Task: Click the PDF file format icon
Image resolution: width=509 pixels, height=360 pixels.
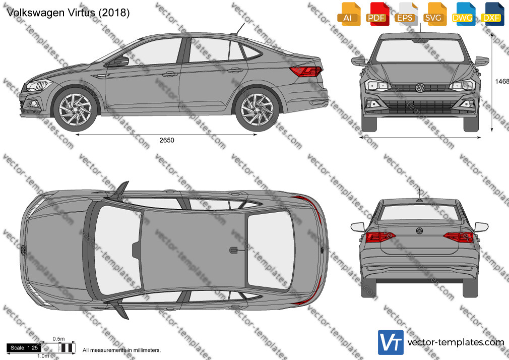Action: tap(377, 14)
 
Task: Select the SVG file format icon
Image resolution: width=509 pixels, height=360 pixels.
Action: tap(434, 14)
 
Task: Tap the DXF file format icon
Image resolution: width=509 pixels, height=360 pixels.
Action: tap(492, 14)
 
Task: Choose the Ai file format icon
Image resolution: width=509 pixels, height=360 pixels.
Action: tap(349, 14)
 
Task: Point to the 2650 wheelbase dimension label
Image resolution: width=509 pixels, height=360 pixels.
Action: tap(166, 140)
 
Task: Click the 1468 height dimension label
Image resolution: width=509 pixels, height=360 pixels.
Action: tap(502, 81)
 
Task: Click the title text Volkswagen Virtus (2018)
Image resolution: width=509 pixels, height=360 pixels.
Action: tap(68, 12)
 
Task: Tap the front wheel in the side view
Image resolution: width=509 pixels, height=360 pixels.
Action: tap(75, 109)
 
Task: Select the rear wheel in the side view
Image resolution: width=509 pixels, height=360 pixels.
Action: tap(257, 109)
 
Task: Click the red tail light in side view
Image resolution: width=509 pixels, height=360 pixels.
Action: tap(306, 71)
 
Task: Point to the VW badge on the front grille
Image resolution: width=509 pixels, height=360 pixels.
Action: tap(420, 87)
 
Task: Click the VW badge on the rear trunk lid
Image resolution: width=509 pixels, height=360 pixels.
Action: tap(419, 231)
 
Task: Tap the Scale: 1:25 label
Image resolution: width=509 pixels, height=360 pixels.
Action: tap(24, 348)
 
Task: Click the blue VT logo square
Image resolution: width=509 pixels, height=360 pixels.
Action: tap(391, 342)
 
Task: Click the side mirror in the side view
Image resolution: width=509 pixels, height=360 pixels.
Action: tap(121, 61)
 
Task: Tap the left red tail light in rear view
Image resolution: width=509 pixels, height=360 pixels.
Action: tap(380, 237)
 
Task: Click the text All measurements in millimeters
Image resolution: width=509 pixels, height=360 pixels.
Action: tap(121, 350)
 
